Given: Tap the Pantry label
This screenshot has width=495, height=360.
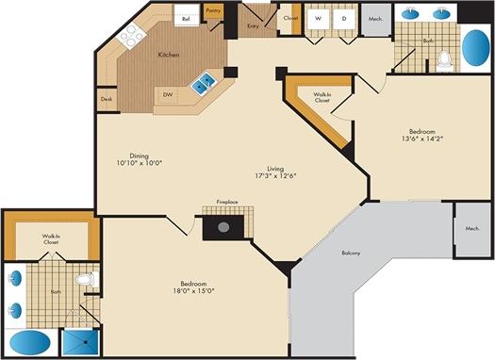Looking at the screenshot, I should [212, 12].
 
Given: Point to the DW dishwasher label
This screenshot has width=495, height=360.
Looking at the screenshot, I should [167, 94].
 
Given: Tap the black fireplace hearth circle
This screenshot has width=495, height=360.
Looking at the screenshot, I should [223, 226].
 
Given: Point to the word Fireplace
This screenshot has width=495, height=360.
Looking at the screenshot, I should [226, 203].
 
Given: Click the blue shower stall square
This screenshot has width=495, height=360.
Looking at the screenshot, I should [82, 343].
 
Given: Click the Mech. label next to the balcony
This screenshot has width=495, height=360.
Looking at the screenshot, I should [472, 229].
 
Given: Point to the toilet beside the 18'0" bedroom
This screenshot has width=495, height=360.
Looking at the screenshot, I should [86, 280].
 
